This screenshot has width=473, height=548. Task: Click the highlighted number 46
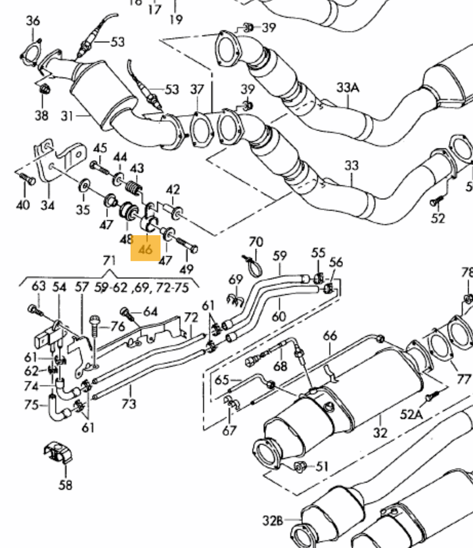145,249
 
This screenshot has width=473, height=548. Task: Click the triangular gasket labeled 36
32,51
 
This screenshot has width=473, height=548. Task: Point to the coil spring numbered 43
133,189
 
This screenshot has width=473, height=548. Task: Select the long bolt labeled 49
188,248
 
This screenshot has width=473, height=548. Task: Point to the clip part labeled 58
56,454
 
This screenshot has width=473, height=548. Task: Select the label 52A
411,414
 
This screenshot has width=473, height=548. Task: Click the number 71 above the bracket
109,262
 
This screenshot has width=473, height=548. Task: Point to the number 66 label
330,336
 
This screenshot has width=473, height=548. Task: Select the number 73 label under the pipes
129,403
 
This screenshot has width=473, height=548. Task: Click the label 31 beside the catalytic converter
68,116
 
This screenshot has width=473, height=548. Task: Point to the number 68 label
281,365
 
